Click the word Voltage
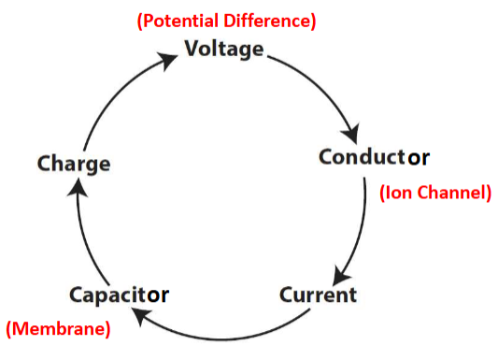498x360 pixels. [224, 49]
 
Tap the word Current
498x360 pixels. [318, 295]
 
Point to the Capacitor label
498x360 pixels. [119, 295]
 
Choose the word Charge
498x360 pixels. [74, 164]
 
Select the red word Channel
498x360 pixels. [452, 194]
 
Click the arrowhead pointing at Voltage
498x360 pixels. [168, 60]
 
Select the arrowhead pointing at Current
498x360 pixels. [342, 274]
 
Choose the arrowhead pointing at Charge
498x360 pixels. [79, 188]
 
